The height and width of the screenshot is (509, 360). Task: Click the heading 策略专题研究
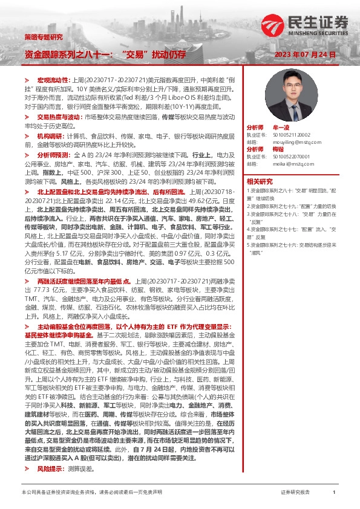click(x=42, y=37)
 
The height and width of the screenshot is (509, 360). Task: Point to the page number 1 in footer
click(x=334, y=493)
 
